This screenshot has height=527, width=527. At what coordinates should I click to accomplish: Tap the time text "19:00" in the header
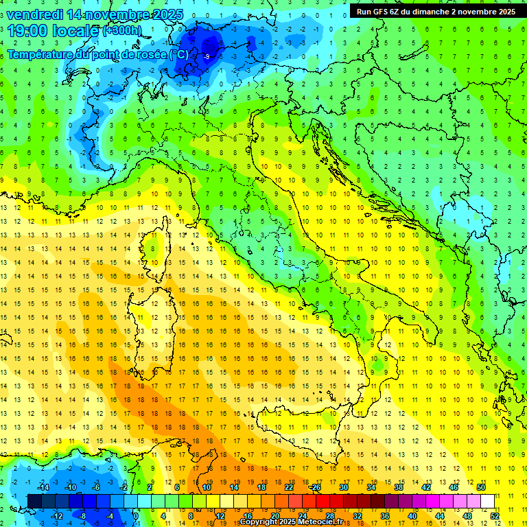click(x=28, y=30)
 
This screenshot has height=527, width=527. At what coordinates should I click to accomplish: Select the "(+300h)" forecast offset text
click(x=122, y=31)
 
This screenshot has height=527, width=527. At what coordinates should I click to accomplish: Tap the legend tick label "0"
click(x=136, y=516)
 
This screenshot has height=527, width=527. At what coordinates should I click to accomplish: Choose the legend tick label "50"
click(x=481, y=487)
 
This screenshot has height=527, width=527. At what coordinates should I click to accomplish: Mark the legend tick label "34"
click(x=371, y=487)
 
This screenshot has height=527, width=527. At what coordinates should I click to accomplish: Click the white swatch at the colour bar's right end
click(x=487, y=502)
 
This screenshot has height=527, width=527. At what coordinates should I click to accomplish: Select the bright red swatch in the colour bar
click(x=323, y=502)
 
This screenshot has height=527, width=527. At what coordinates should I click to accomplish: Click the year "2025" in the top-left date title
click(x=167, y=14)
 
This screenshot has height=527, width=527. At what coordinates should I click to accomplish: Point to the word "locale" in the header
click(x=74, y=30)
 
